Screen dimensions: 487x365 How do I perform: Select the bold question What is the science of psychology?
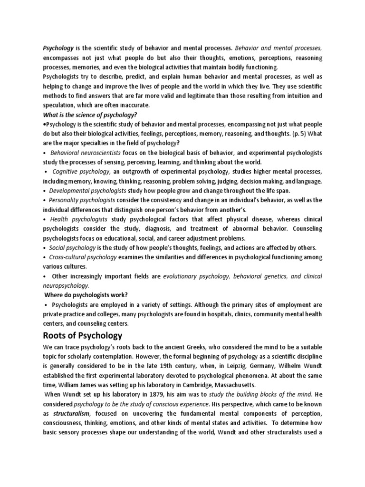90,115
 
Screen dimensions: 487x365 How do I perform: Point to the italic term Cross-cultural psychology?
83,257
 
